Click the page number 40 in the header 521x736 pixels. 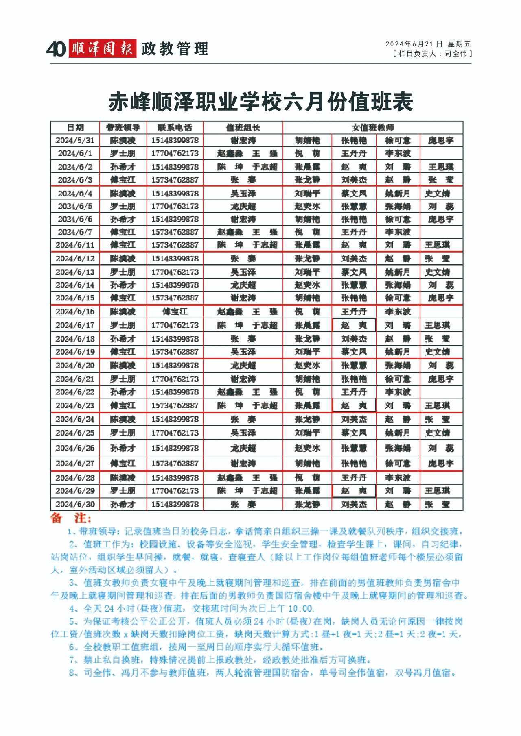pos(56,49)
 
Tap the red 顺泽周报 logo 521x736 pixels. pos(102,49)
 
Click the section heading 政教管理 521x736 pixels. pos(175,49)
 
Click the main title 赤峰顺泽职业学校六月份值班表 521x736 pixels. pos(260,102)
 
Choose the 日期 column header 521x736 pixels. pos(75,128)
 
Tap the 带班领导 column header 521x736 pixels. pos(123,128)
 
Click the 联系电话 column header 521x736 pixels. pos(175,128)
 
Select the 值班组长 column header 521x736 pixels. pos(243,128)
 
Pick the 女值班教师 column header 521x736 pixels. pos(373,128)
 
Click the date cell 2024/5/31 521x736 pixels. pos(75,141)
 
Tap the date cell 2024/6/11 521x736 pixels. pos(75,245)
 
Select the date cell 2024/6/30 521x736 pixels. pos(75,504)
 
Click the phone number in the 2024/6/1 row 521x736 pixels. pos(175,153)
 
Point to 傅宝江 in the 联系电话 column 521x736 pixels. pos(175,312)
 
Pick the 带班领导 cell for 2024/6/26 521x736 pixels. pos(123,448)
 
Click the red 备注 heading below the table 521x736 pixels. pos(71,518)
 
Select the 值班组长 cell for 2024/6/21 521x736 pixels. pos(243,379)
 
